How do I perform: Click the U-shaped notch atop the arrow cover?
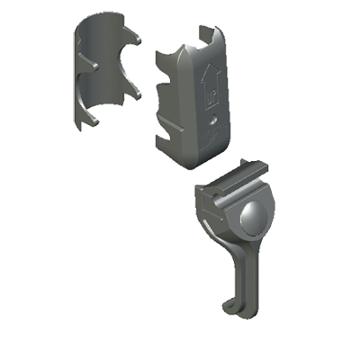pos(205,36)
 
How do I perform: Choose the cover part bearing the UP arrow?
pos(193,99)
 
